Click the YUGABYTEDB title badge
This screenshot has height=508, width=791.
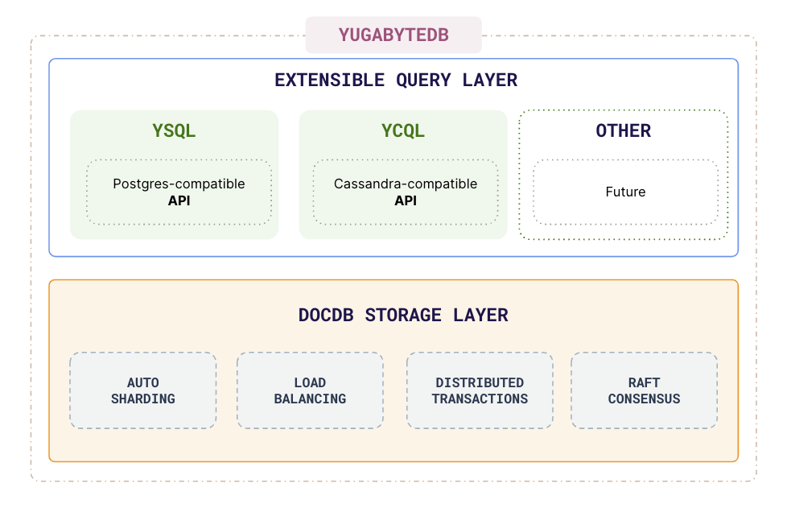pyautogui.click(x=393, y=35)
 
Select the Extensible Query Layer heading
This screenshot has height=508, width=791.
pyautogui.click(x=396, y=81)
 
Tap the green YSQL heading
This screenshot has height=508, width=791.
pyautogui.click(x=174, y=130)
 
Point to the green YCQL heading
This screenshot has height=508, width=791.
pyautogui.click(x=403, y=130)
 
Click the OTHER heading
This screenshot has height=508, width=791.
pyautogui.click(x=624, y=130)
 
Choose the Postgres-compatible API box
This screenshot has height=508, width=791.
pyautogui.click(x=179, y=192)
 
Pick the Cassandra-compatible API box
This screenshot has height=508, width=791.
pyautogui.click(x=406, y=192)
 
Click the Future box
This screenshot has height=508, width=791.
pyautogui.click(x=625, y=192)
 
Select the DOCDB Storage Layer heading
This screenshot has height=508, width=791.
pyautogui.click(x=403, y=315)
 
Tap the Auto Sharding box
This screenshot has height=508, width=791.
pyautogui.click(x=143, y=390)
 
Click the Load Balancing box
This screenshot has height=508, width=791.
pyautogui.click(x=310, y=390)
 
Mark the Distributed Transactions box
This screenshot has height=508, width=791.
pyautogui.click(x=480, y=390)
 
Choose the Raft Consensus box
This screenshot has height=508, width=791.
pyautogui.click(x=644, y=390)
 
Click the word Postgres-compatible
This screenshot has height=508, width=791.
pyautogui.click(x=179, y=184)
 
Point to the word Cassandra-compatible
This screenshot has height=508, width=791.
pyautogui.click(x=406, y=184)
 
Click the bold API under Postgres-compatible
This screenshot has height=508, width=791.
pyautogui.click(x=179, y=200)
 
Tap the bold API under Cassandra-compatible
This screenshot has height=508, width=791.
pyautogui.click(x=406, y=200)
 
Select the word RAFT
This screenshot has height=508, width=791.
pyautogui.click(x=644, y=382)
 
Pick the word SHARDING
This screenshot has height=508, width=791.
pyautogui.click(x=143, y=399)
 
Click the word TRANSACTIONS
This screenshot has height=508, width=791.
pyautogui.click(x=480, y=399)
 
